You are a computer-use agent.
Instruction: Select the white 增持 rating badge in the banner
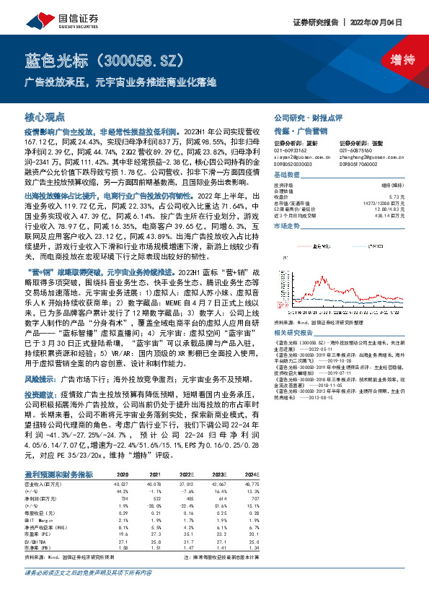click(x=392, y=59)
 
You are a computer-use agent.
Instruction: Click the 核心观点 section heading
click(x=45, y=116)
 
